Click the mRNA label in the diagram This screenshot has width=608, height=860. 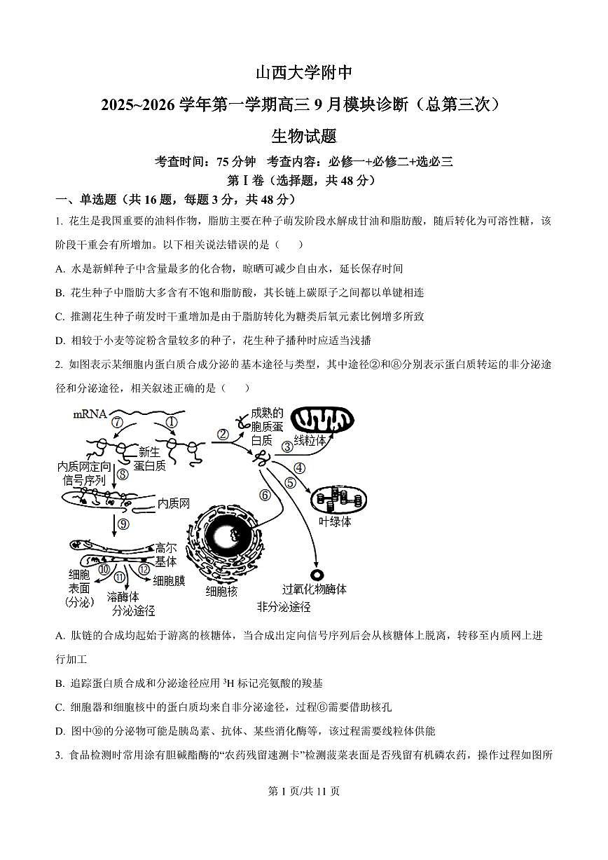tap(90, 414)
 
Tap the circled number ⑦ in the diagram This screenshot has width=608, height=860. tap(117, 423)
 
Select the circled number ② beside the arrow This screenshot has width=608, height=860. tap(222, 434)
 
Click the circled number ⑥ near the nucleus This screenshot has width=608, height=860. tap(265, 494)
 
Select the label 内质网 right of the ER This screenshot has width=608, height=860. tap(174, 503)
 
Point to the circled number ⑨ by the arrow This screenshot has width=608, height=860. tap(123, 524)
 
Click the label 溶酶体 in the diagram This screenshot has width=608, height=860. tap(123, 597)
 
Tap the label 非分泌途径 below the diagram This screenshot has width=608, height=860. tap(283, 607)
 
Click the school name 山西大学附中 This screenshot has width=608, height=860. tap(303, 73)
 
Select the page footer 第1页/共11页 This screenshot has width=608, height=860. tap(304, 791)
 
